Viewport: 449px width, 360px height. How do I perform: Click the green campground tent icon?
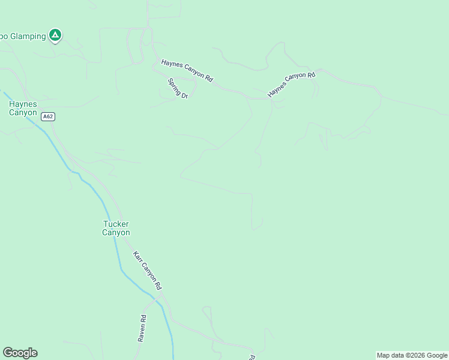(55, 35)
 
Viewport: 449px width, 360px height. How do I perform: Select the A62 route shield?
(48, 116)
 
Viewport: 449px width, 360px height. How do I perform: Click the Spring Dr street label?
(178, 88)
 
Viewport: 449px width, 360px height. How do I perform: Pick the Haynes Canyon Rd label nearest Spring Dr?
(187, 71)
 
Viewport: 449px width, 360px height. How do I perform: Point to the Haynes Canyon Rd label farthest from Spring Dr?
(291, 84)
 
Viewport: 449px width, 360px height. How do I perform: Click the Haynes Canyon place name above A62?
(23, 108)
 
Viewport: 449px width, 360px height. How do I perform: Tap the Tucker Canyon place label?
(116, 228)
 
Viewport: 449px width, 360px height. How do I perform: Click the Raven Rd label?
(142, 329)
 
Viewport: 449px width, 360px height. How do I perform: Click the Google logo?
(20, 353)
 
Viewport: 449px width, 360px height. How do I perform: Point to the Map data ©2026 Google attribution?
(412, 355)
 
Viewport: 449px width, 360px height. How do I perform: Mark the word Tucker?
(116, 224)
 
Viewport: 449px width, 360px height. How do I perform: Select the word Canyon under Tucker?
(116, 233)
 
